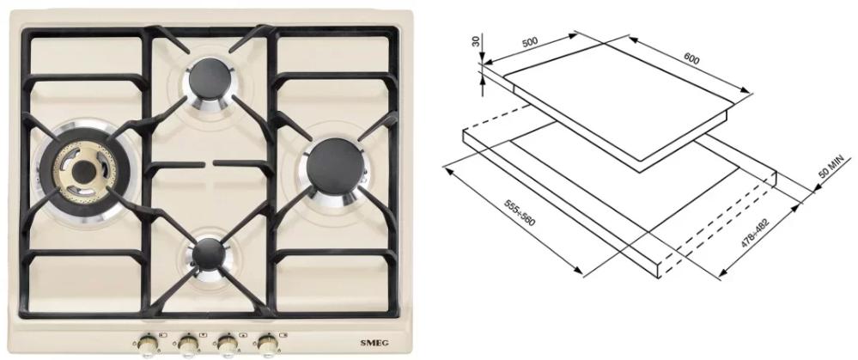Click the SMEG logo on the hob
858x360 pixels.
tap(374, 343)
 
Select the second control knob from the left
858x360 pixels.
tap(187, 344)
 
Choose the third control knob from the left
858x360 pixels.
tap(227, 344)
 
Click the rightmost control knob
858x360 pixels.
tap(268, 344)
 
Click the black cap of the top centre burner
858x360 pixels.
tap(209, 82)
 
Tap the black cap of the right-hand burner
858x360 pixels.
tap(336, 165)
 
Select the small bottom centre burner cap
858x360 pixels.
tap(209, 253)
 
